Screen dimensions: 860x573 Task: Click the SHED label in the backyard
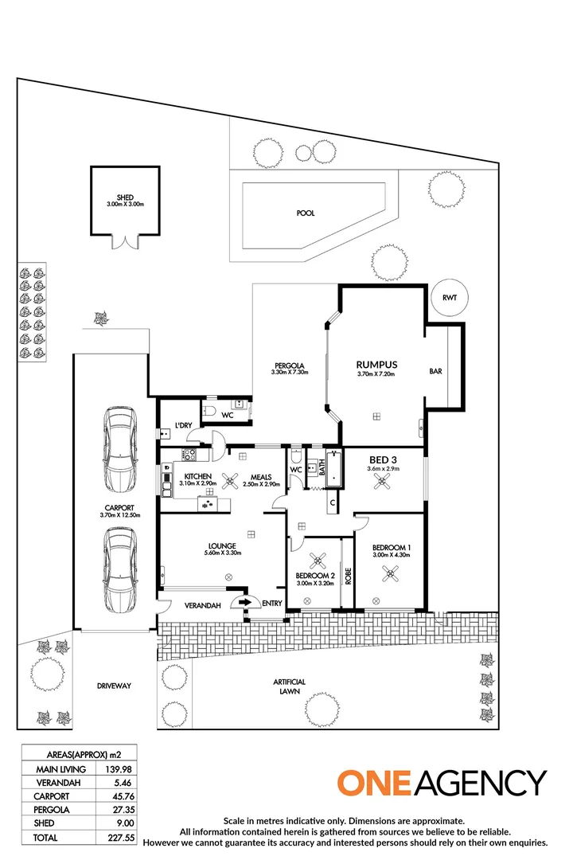click(125, 197)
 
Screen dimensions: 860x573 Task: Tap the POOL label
click(305, 213)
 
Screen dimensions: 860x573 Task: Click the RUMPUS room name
click(376, 365)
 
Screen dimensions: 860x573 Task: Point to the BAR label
click(435, 371)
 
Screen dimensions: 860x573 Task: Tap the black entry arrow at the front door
click(244, 603)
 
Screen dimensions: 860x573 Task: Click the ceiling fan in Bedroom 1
click(391, 573)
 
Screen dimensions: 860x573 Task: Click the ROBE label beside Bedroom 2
click(348, 576)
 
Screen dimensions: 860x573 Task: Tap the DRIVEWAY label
click(114, 686)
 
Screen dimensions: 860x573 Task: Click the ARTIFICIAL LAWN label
click(289, 687)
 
